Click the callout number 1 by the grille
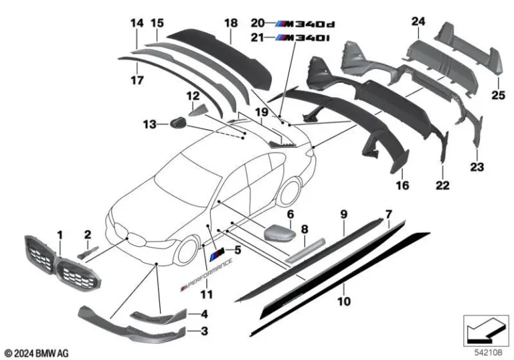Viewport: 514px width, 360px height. tap(60, 235)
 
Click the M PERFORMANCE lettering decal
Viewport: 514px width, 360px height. tap(207, 275)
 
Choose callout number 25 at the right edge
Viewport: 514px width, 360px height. tap(497, 96)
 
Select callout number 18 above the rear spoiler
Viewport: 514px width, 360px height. tap(231, 23)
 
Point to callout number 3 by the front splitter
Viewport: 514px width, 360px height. tap(205, 330)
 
